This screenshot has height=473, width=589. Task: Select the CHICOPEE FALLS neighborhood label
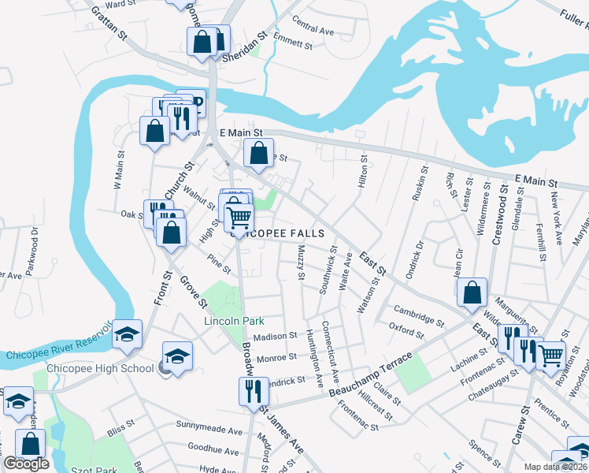(280, 233)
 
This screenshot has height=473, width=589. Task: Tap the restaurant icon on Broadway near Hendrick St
(253, 391)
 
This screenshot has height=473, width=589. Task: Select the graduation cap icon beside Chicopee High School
(178, 356)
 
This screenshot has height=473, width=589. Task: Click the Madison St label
(275, 335)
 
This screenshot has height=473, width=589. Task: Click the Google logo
(26, 464)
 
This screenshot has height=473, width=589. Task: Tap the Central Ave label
(313, 30)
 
